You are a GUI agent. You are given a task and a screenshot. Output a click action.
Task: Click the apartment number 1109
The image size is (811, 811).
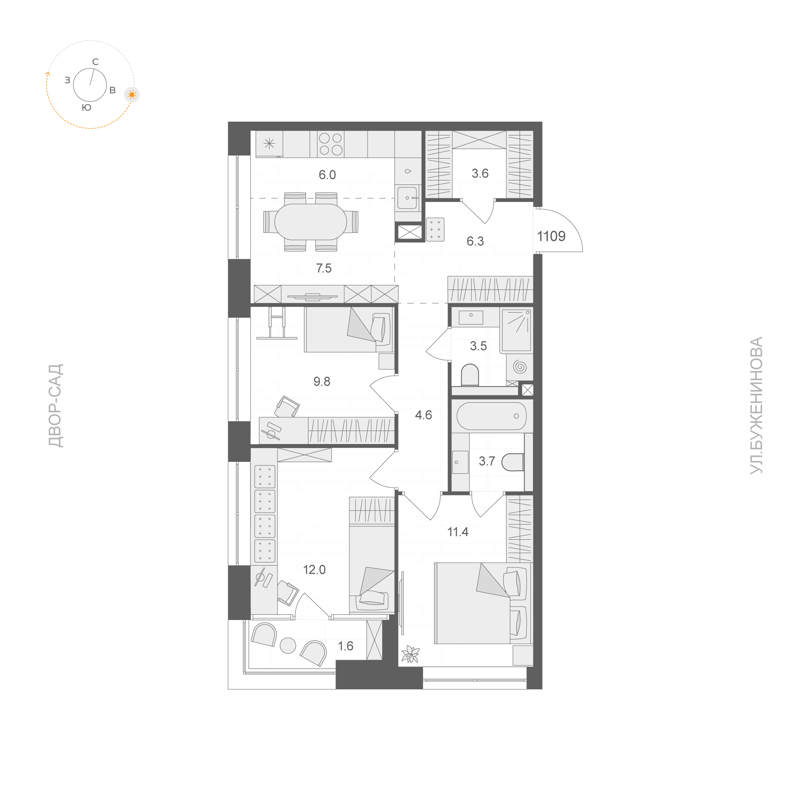[x=551, y=236]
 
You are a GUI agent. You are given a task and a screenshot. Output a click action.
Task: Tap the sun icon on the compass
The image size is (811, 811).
[x=132, y=95]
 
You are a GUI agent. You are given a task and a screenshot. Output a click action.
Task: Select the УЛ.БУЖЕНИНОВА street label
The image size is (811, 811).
[x=756, y=405]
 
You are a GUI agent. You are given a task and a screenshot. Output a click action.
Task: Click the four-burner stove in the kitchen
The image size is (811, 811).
[x=331, y=144]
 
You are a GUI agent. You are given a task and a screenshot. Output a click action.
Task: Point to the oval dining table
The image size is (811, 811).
[x=310, y=222]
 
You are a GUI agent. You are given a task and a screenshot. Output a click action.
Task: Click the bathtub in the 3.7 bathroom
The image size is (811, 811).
[x=492, y=416]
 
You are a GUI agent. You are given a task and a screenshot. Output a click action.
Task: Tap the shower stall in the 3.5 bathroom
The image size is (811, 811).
[x=516, y=330]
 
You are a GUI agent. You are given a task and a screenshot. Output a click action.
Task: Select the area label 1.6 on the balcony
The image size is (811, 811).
[x=345, y=646]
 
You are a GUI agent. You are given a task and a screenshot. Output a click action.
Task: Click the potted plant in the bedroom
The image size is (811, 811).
[x=410, y=654]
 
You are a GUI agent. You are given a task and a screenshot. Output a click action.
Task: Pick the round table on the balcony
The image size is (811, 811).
[x=288, y=646]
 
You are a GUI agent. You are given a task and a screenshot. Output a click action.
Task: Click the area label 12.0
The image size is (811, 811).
[x=315, y=569]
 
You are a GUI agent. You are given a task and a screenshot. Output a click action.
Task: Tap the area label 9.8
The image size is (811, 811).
[x=322, y=381]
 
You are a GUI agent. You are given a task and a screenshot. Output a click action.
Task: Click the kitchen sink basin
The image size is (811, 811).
[x=408, y=198]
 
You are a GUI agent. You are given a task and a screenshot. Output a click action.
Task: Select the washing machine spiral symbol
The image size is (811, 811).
[x=520, y=367]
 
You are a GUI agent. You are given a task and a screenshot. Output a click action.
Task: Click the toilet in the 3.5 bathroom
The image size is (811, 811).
[x=470, y=375]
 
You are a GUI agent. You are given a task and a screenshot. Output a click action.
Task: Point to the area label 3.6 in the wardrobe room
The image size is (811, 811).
[x=480, y=174]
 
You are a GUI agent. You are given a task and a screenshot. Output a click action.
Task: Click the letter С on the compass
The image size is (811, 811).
[x=95, y=62]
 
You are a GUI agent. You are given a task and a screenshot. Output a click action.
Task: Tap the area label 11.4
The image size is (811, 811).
[x=458, y=532]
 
